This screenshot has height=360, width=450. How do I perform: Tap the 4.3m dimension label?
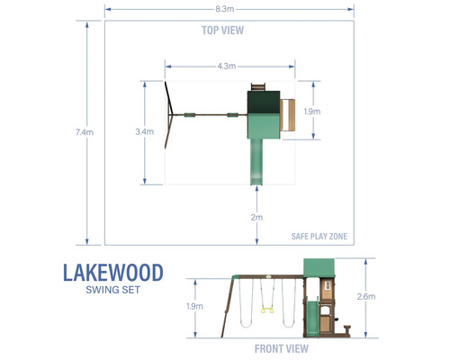[x=227, y=66]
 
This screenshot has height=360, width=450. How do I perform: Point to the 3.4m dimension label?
[x=142, y=132]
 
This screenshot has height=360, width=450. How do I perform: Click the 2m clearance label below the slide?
[x=257, y=218]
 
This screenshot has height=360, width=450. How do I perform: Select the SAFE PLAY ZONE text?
[x=319, y=237]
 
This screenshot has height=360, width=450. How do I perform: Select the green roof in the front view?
[x=320, y=267]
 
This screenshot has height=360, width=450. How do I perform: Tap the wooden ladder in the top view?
[x=288, y=114]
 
